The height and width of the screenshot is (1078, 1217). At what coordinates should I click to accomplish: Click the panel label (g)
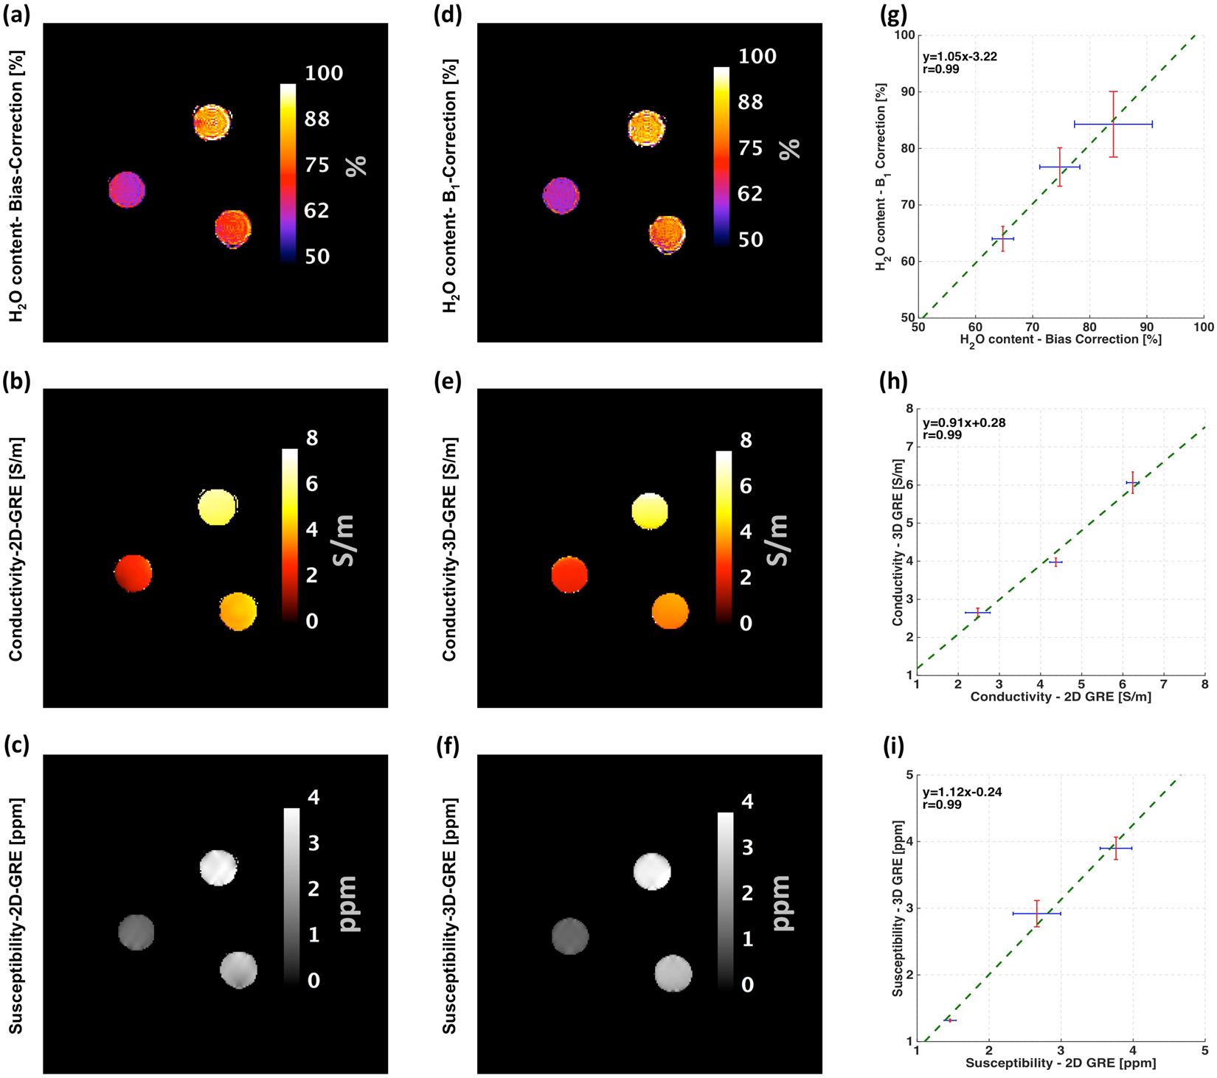point(894,15)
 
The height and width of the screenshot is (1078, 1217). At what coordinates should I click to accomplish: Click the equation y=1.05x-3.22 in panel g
point(960,57)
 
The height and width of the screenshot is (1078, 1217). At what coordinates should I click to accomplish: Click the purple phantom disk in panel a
point(127,190)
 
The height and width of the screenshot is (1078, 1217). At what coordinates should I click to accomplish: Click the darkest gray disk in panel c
point(136,933)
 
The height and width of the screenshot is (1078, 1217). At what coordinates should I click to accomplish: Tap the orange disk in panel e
point(670,611)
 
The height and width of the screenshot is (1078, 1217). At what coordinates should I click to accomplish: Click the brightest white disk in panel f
point(652,872)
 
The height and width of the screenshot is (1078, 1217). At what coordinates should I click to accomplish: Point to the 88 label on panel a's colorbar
point(317,119)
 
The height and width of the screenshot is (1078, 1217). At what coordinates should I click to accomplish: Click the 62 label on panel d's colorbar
point(750,194)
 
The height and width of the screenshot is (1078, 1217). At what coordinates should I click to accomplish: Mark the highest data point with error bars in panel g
point(1113,124)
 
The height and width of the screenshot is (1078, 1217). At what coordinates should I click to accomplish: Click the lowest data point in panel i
point(950,1020)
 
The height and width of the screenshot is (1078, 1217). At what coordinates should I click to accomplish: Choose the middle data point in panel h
point(1055,562)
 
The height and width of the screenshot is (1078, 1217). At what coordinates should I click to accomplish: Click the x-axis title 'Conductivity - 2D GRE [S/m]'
point(1060,696)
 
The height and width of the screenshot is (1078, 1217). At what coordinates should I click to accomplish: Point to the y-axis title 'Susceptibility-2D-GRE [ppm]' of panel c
point(15,915)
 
